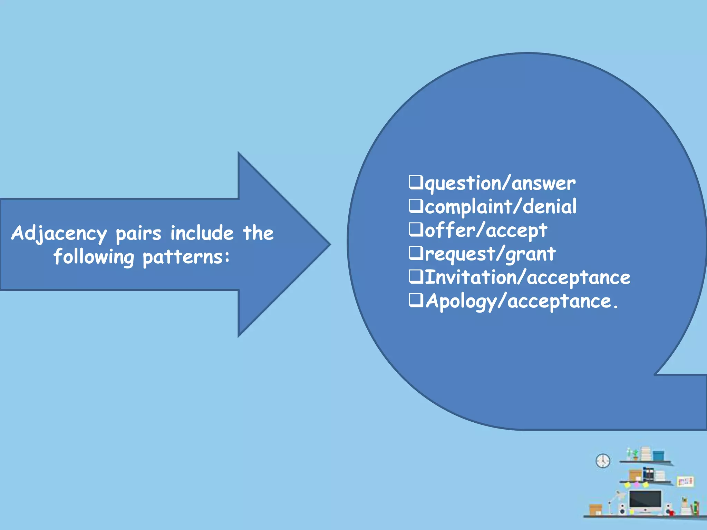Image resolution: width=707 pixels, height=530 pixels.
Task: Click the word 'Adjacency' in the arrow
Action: click(59, 234)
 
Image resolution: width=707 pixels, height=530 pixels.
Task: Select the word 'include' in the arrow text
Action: click(202, 233)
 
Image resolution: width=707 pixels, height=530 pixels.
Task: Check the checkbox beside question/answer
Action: click(416, 182)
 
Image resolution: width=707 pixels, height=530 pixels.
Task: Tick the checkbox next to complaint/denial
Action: click(416, 206)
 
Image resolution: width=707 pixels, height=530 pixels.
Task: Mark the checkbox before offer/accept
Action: click(416, 229)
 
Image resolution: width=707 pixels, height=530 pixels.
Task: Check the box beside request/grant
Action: click(416, 253)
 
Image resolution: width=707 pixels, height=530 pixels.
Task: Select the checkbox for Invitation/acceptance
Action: click(416, 276)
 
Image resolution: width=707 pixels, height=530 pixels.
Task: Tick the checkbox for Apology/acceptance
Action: click(416, 300)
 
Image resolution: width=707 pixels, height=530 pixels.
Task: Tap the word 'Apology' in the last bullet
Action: click(461, 301)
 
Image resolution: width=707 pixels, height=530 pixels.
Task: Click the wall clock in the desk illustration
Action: click(603, 461)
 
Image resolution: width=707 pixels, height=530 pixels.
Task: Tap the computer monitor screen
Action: click(645, 499)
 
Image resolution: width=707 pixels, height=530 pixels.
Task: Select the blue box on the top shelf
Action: click(658, 455)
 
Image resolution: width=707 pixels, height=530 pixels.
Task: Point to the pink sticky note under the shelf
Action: click(637, 485)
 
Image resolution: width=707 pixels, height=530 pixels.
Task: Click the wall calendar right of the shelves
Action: click(685, 481)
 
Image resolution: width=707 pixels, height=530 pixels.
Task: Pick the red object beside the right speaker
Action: click(672, 512)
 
